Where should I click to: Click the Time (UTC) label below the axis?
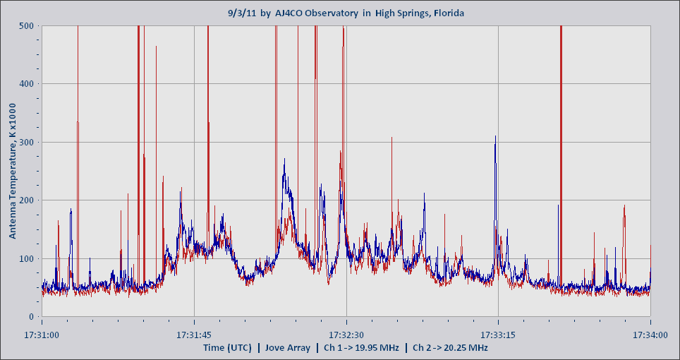coord(229,347)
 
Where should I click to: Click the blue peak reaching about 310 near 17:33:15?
coord(495,137)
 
